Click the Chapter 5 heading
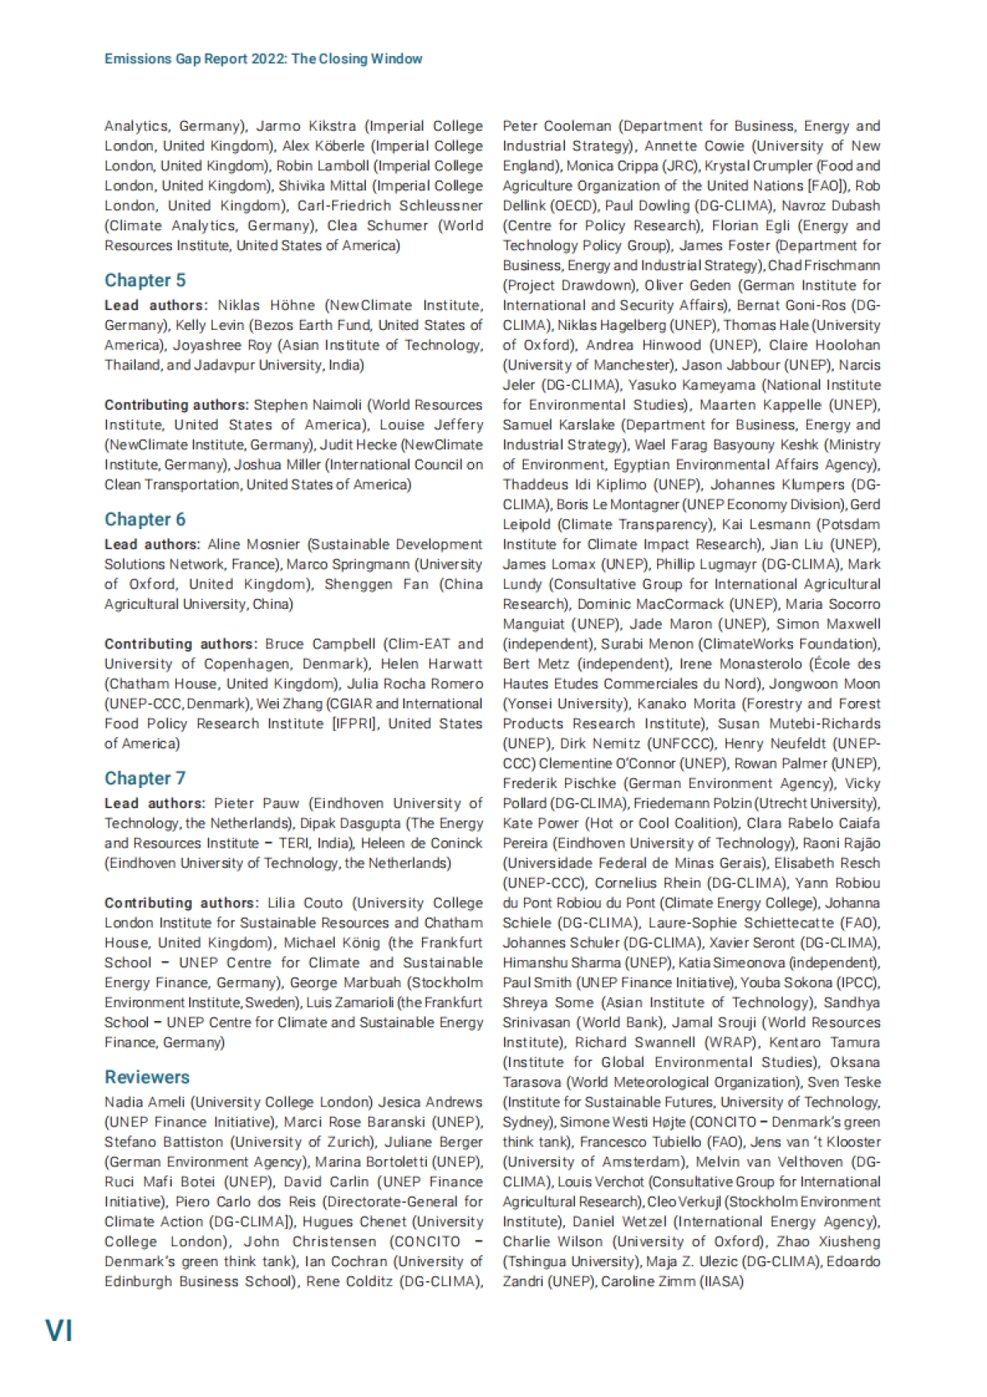145,281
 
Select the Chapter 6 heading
145,520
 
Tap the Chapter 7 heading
145,778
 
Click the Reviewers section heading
146,1077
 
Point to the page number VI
58,1330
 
